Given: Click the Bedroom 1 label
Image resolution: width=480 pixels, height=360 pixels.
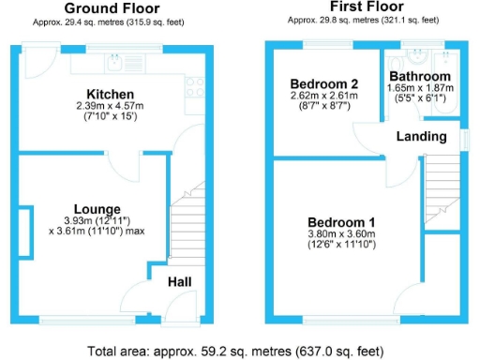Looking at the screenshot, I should (340, 222).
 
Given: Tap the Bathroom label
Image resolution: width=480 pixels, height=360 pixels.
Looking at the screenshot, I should (420, 76).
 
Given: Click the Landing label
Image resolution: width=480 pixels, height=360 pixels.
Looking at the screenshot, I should (421, 137).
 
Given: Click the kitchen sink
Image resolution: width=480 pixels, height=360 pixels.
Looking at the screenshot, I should (115, 63).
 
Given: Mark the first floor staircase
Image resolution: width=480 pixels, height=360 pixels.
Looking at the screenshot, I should (440, 188).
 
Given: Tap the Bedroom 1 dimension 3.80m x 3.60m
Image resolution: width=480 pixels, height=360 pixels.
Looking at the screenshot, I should (340, 234).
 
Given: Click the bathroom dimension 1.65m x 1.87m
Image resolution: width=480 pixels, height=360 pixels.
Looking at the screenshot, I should (420, 87).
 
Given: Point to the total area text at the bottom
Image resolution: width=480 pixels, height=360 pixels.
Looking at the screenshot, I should (240, 352).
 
